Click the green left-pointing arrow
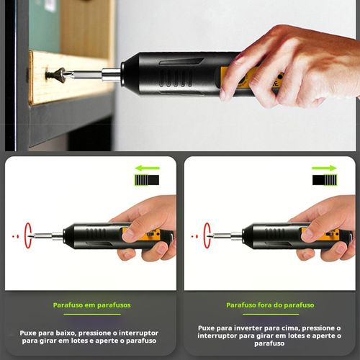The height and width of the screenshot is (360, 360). point(147,168)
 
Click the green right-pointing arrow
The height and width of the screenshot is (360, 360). point(324,168)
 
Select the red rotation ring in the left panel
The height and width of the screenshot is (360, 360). point(29,235)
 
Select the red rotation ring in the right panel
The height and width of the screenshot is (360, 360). point(207,235)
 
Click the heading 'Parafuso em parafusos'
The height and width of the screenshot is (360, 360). point(91,305)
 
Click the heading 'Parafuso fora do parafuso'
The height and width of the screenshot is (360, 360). point(270,305)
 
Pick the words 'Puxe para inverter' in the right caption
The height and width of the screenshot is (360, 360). point(230,328)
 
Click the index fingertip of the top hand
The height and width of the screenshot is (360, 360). point(229,93)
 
